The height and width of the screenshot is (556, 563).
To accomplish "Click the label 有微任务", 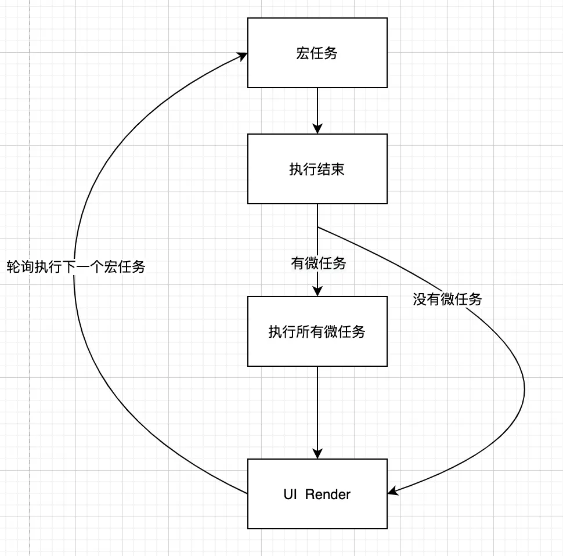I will point(318,264).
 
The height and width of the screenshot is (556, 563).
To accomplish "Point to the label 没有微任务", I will point(447,300).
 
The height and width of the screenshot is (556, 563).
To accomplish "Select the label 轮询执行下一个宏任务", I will point(75,267).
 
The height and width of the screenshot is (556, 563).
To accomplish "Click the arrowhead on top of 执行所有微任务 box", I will point(317,292).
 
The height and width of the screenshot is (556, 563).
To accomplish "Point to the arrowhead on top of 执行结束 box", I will point(317,129).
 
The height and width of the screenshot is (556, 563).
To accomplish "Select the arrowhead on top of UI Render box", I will point(317,454).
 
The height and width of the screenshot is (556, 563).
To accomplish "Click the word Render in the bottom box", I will point(327,494).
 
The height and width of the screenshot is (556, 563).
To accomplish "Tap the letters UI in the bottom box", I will point(290,494).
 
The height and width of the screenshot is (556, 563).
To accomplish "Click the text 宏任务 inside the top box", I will point(317,53).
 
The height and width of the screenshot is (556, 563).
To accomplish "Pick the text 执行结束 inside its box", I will point(317,169).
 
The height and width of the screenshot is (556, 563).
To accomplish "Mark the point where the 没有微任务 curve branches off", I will point(318,226).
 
